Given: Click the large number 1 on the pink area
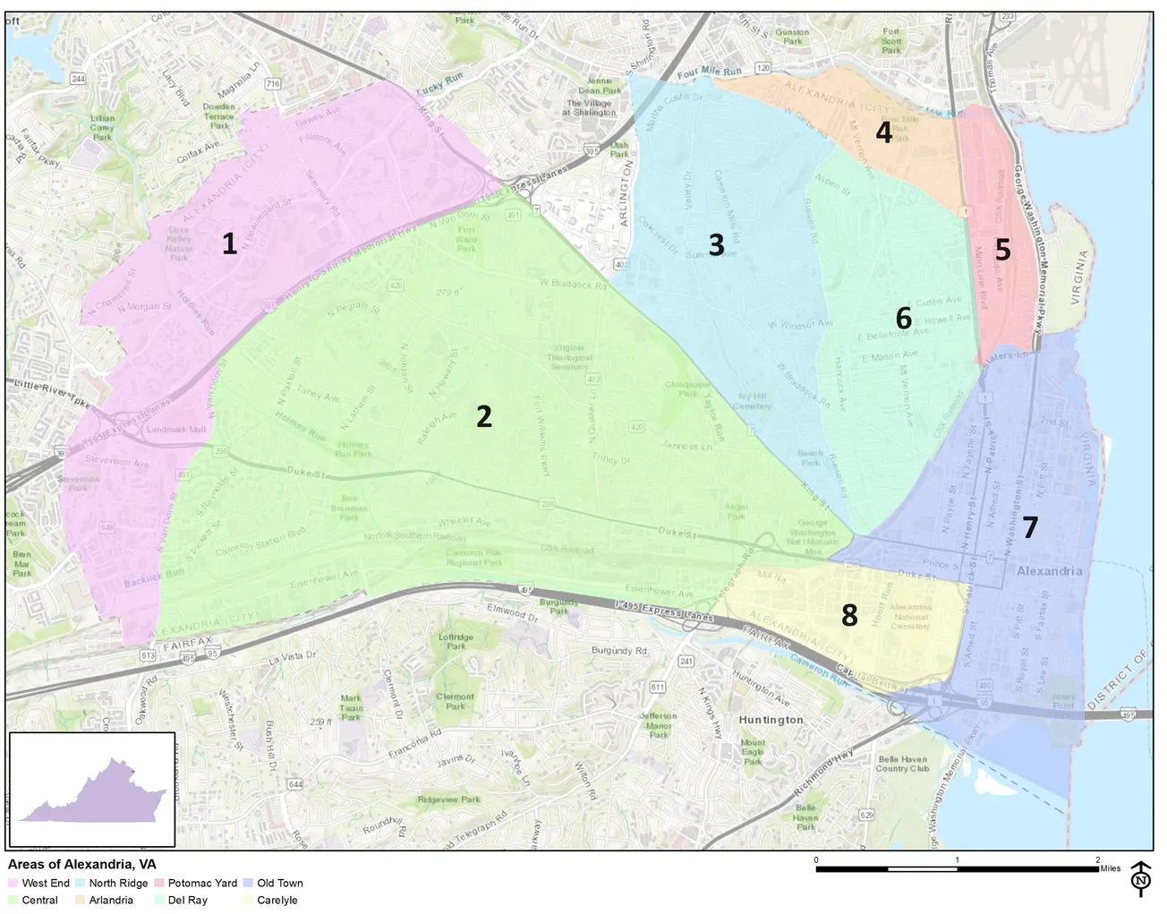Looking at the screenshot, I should click(x=229, y=243).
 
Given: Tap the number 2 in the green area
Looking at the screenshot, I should click(x=484, y=415).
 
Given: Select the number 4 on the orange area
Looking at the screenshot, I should click(x=883, y=132).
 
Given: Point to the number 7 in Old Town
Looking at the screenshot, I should click(x=1030, y=527).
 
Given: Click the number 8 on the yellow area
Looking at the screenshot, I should click(x=849, y=615).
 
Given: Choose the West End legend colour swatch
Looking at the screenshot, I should click(x=13, y=883).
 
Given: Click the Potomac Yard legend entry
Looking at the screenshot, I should click(x=202, y=883).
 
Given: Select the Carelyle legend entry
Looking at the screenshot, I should click(x=277, y=900).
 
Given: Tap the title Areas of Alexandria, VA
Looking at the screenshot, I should click(x=82, y=864).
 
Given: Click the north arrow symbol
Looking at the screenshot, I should click(x=1141, y=879).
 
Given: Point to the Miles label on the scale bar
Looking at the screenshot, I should click(x=1111, y=868).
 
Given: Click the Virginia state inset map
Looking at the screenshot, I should click(x=92, y=790).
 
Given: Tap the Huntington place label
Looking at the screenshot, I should click(x=771, y=720).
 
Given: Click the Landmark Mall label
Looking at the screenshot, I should click(x=176, y=430).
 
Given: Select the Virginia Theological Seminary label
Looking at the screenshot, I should click(x=569, y=357).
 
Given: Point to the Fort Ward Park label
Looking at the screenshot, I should click(x=465, y=239).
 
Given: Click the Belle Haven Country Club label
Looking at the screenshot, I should click(x=902, y=764).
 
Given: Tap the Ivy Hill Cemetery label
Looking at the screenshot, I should click(x=753, y=400).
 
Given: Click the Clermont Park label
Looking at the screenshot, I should click(x=456, y=701).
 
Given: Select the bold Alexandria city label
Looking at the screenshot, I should click(x=1049, y=571).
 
